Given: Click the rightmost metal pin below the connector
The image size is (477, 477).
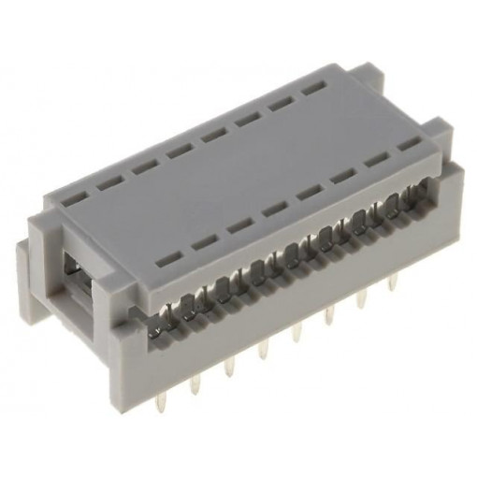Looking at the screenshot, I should [393, 281].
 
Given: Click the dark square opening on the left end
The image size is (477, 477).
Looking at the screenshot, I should [75, 271].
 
